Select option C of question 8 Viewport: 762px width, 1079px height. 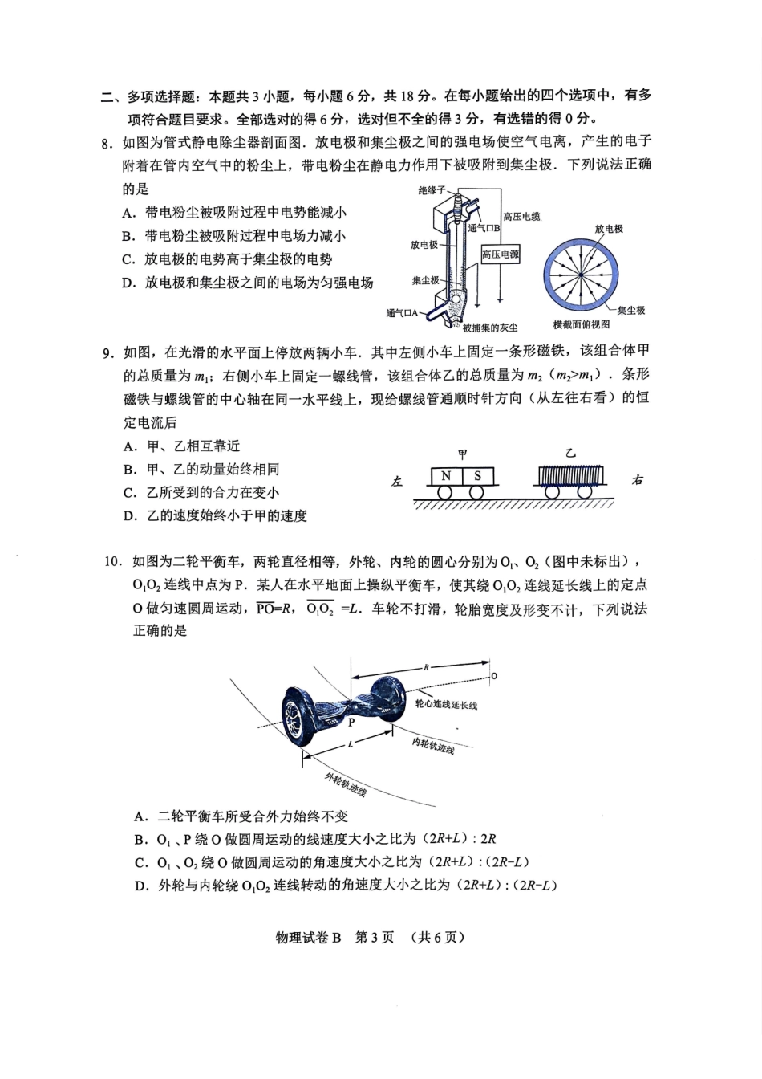[x=227, y=259]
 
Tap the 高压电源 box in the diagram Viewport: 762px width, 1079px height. [x=501, y=254]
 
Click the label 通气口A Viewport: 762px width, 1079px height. [x=403, y=313]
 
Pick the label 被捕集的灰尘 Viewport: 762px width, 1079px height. [x=490, y=327]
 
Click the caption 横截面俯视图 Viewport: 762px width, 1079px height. [x=582, y=324]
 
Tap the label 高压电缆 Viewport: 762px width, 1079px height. [x=521, y=217]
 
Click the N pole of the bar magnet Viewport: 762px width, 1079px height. [x=446, y=476]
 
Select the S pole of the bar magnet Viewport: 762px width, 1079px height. [x=477, y=476]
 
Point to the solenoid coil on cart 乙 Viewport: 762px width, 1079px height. [x=569, y=475]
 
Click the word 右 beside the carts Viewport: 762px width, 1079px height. [x=637, y=480]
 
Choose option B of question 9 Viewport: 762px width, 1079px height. [x=201, y=469]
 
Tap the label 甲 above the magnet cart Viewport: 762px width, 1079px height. [x=462, y=454]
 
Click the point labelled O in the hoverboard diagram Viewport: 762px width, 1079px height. [x=493, y=676]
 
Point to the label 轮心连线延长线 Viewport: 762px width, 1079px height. [x=446, y=704]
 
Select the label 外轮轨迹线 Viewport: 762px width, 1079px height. [x=346, y=784]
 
